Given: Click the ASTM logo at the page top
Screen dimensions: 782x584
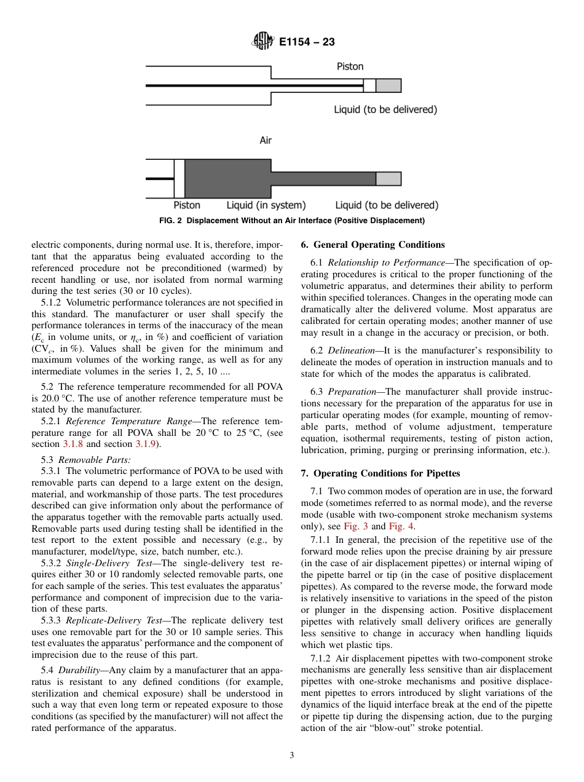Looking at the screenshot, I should [263, 42].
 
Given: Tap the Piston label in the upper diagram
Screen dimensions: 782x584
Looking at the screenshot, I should [350, 66].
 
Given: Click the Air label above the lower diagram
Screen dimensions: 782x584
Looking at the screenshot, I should [266, 140].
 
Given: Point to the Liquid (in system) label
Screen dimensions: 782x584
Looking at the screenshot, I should [266, 205].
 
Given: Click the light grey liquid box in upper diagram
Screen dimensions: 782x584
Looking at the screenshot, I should [388, 85].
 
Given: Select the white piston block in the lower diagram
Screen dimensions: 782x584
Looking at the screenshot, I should [180, 179].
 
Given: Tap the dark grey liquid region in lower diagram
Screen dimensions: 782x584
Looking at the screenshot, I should [227, 179].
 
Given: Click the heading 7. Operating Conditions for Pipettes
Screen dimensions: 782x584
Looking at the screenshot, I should [380, 473].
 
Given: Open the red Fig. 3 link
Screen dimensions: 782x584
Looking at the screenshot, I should [356, 526].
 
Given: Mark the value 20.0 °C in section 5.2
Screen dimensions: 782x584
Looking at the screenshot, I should [51, 398].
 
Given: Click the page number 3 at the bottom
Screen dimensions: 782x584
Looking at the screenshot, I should [292, 756].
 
